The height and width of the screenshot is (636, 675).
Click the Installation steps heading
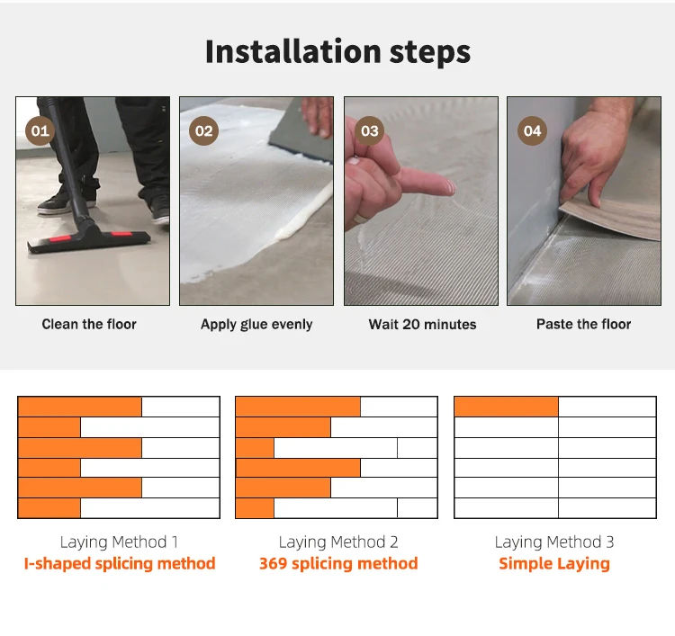[337, 51]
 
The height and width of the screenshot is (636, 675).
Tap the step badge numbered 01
[40, 130]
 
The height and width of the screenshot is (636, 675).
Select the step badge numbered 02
[203, 130]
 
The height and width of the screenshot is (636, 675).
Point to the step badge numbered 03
[369, 130]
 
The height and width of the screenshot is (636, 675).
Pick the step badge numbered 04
[532, 130]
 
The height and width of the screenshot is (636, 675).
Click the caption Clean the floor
[89, 324]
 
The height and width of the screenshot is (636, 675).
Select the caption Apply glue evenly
[256, 325]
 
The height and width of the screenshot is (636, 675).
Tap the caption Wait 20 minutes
[422, 324]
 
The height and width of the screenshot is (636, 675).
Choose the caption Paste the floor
[584, 324]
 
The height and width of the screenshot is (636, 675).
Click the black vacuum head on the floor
[88, 239]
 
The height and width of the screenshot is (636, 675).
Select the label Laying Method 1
[119, 542]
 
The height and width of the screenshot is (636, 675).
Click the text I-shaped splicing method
[120, 563]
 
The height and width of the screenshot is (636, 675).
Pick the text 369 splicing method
[338, 563]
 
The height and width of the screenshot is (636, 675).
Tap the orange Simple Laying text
[554, 564]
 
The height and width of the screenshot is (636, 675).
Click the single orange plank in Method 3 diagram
[506, 407]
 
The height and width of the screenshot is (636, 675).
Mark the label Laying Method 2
[338, 542]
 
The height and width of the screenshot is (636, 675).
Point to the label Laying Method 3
[554, 542]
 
